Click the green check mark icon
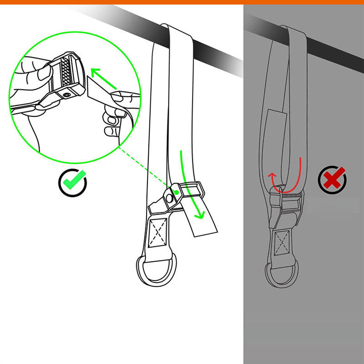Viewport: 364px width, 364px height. point(72,182)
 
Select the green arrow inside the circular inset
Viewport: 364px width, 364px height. point(103,77)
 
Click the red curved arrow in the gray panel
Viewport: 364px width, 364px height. point(284,175)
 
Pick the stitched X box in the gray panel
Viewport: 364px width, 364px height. point(283,243)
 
